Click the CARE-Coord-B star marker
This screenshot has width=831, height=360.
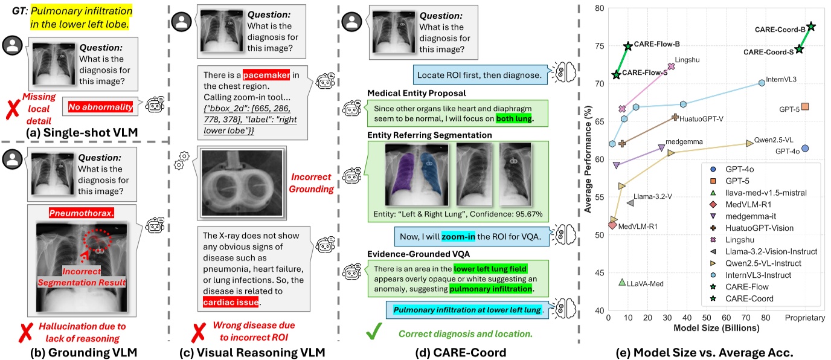811,27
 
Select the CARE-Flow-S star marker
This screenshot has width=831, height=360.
616,75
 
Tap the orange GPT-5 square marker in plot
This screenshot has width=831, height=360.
805,106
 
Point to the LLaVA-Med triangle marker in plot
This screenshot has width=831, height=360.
622,282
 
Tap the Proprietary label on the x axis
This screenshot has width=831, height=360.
804,318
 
